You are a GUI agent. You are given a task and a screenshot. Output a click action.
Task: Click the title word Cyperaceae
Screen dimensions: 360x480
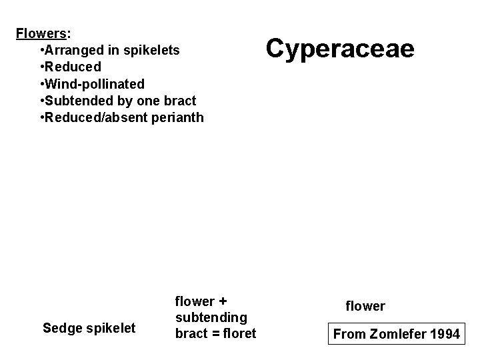pyautogui.click(x=340, y=49)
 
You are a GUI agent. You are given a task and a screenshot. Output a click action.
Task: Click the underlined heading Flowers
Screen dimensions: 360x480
pyautogui.click(x=43, y=33)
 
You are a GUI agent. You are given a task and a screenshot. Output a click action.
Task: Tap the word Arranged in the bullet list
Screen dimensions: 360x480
pyautogui.click(x=73, y=50)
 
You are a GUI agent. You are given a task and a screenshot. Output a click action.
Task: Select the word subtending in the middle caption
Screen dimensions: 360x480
pyautogui.click(x=211, y=317)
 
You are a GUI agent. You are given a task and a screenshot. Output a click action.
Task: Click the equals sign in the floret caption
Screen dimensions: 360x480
pyautogui.click(x=214, y=333)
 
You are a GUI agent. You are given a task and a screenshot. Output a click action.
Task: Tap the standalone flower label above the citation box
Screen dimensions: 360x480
pyautogui.click(x=365, y=306)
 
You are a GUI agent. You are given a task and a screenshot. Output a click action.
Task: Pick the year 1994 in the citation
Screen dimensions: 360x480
pyautogui.click(x=444, y=334)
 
